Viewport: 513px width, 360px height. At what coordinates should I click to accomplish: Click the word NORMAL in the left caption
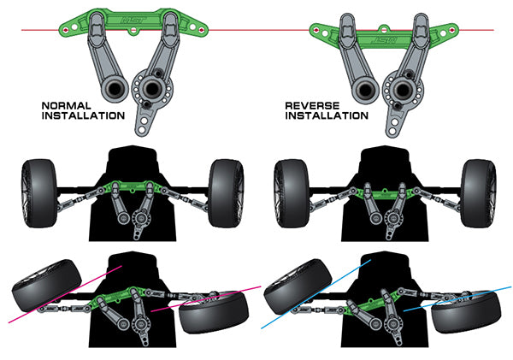click(67, 106)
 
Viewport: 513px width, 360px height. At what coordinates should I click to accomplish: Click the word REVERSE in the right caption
click(312, 106)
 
